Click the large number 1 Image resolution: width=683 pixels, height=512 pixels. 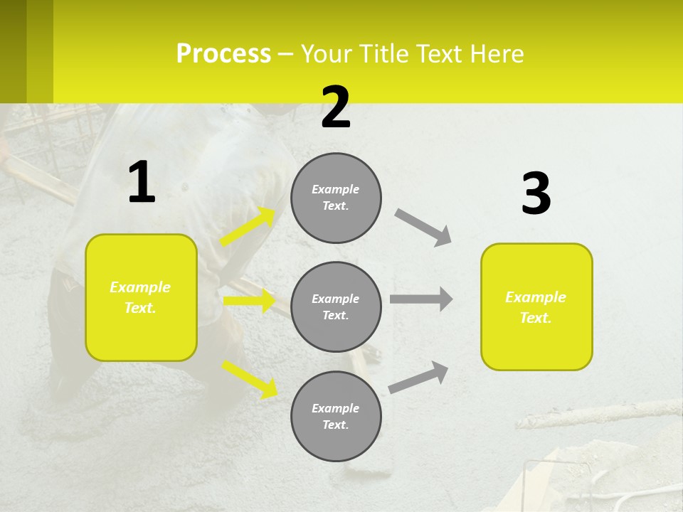(x=142, y=183)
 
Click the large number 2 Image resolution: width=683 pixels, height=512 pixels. (x=336, y=108)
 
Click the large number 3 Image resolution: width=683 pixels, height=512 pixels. (x=536, y=194)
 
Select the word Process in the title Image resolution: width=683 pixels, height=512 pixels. (x=223, y=54)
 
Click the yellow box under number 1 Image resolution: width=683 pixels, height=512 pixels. (x=141, y=297)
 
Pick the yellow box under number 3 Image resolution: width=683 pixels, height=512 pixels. (x=536, y=306)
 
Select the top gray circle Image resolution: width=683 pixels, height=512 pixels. (x=336, y=198)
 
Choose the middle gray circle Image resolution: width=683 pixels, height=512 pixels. (x=336, y=306)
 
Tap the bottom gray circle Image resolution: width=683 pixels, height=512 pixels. (x=336, y=416)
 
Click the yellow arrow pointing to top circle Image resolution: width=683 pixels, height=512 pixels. (x=248, y=227)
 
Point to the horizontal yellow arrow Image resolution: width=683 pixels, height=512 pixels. (x=249, y=301)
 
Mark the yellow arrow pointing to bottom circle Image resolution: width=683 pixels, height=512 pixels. (x=250, y=379)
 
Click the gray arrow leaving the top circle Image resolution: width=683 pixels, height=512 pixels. (x=423, y=227)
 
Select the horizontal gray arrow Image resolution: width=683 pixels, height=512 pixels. (x=421, y=299)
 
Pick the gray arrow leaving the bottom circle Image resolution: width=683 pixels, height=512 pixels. (x=419, y=378)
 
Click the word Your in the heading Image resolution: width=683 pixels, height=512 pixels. (x=327, y=54)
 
